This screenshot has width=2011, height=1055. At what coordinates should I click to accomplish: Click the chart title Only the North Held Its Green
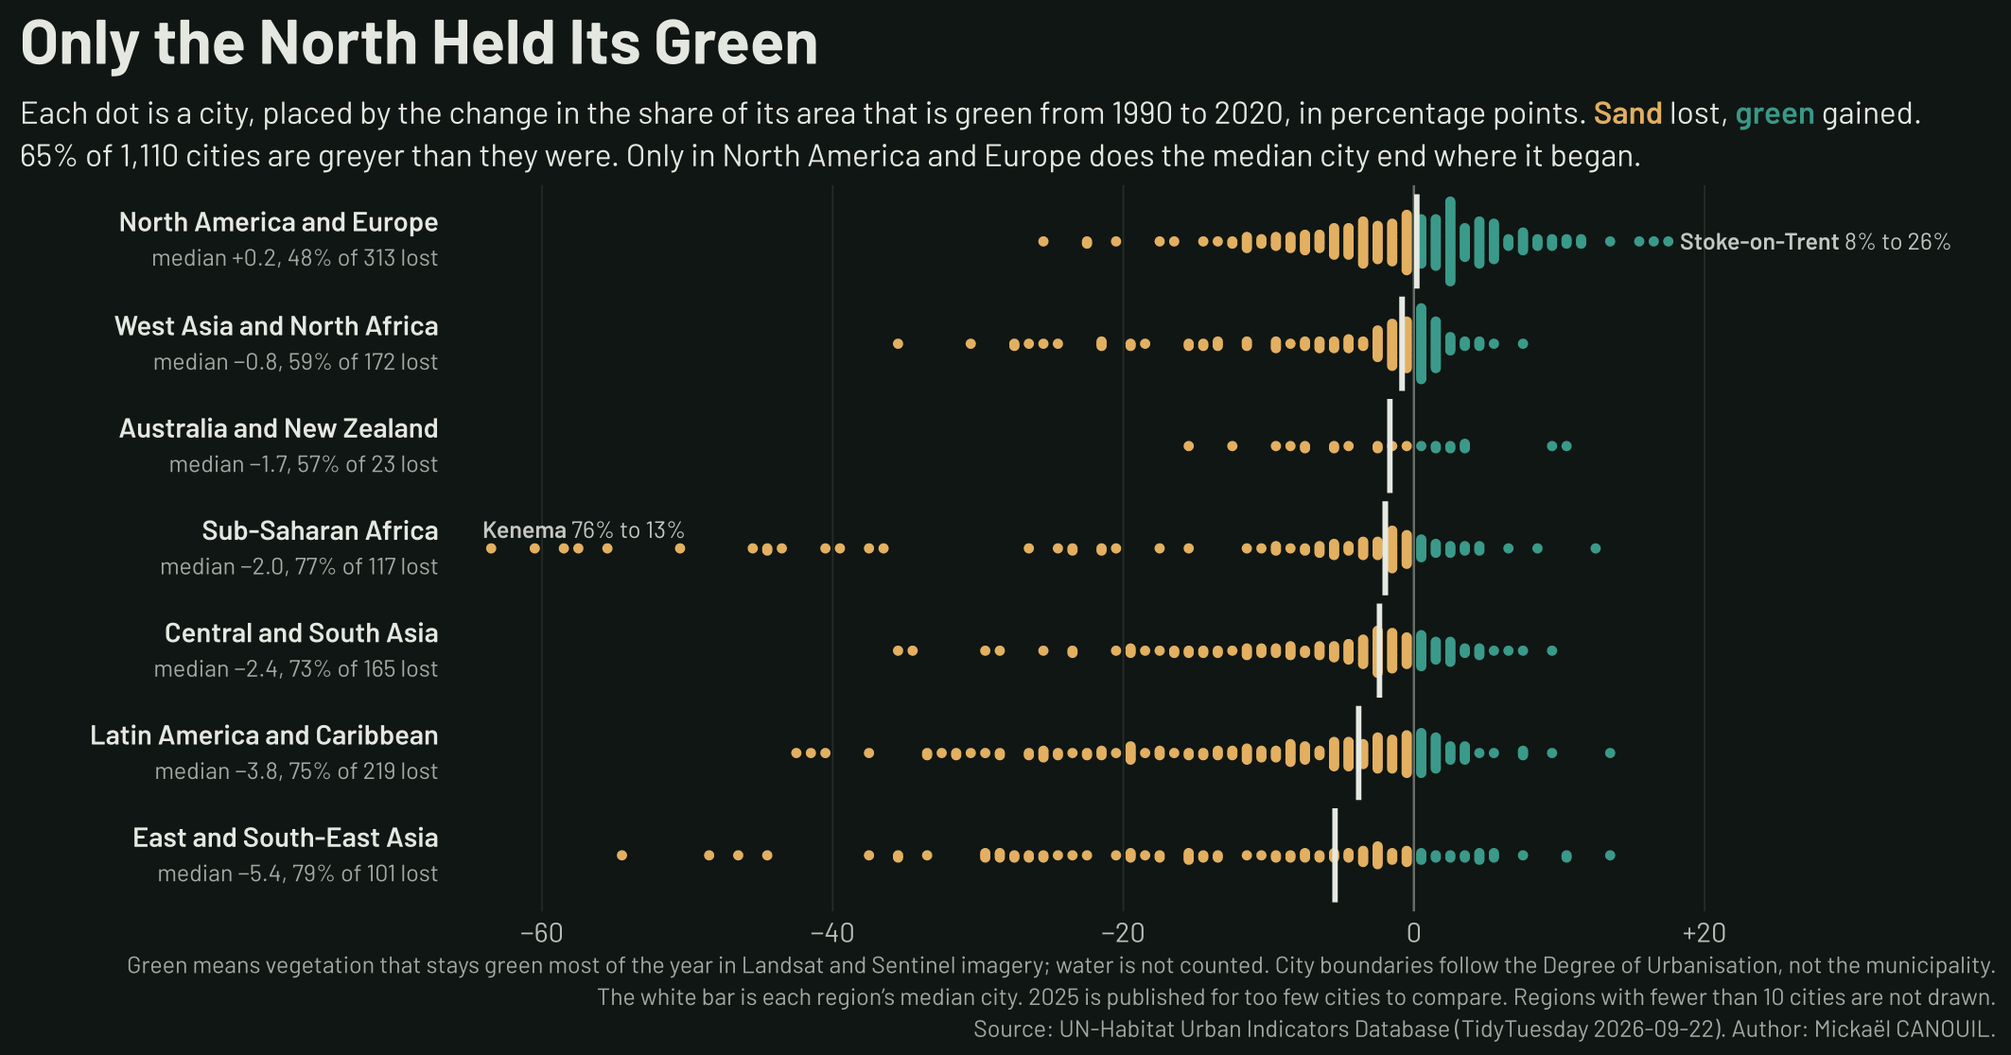(x=419, y=43)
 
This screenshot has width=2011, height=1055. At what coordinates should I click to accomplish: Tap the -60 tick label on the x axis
(x=542, y=933)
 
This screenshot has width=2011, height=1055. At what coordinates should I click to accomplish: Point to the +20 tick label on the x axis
(x=1705, y=933)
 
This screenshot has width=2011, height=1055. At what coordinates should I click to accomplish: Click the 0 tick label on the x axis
(x=1414, y=933)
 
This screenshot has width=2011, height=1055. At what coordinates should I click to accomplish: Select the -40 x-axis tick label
(x=832, y=933)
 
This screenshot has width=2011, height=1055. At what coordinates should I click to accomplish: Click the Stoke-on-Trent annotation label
(x=1815, y=242)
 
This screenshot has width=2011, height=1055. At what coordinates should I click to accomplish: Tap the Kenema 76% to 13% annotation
(x=584, y=530)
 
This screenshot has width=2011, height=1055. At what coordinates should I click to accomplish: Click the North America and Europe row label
(x=278, y=222)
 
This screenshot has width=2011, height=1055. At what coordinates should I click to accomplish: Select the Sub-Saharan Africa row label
(x=320, y=531)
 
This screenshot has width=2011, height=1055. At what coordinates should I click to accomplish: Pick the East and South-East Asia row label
(x=285, y=838)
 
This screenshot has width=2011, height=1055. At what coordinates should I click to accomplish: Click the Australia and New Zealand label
(x=278, y=428)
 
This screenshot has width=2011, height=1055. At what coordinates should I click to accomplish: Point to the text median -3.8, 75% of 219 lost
(x=296, y=771)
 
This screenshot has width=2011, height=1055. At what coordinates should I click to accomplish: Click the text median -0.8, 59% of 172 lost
(x=295, y=362)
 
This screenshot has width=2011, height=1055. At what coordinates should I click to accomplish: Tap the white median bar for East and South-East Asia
(x=1335, y=856)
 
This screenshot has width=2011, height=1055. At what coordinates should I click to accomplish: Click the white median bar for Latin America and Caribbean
(x=1358, y=753)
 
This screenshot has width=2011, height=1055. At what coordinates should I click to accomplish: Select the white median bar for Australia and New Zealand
(x=1390, y=446)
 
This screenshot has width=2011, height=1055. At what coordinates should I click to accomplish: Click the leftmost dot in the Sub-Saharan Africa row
(x=491, y=548)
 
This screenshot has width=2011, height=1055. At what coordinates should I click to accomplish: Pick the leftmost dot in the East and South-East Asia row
(x=621, y=856)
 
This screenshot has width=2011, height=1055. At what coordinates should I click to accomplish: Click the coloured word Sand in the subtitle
(x=1628, y=114)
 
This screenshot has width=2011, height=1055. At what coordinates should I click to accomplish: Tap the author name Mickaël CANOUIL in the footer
(x=1903, y=1029)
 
